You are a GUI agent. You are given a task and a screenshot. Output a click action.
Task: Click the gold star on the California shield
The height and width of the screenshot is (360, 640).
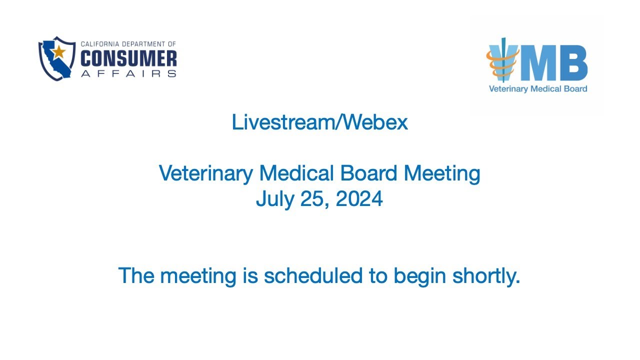[59, 51]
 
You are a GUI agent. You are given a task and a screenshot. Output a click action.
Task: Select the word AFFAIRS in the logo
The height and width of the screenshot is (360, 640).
[128, 73]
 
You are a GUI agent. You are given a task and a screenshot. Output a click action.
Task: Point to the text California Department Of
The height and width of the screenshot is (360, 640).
[128, 44]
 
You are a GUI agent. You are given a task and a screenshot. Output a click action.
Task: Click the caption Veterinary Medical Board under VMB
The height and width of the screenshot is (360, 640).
[537, 89]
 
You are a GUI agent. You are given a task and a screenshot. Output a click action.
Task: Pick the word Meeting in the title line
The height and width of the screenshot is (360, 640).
[441, 173]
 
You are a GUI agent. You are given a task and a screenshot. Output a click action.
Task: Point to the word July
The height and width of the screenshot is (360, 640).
[275, 199]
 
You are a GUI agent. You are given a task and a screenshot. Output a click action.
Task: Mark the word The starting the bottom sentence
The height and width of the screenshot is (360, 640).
[135, 276]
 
